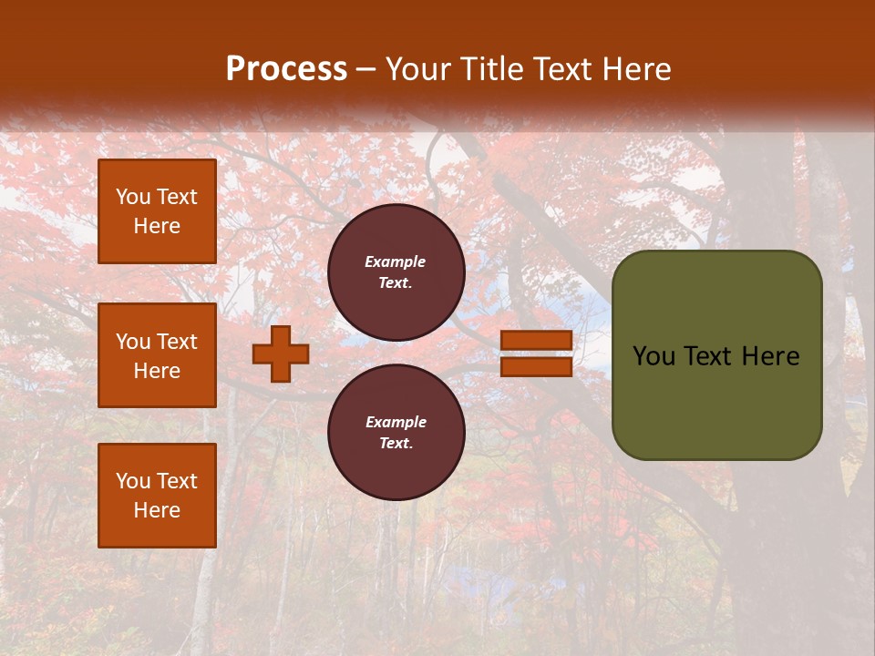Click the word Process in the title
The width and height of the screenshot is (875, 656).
286,69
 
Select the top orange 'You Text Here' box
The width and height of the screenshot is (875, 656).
157,211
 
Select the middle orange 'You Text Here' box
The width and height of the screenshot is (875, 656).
157,355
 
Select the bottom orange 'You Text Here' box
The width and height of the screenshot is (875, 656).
157,496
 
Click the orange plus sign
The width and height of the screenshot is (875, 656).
281,354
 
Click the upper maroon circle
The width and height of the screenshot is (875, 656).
396,272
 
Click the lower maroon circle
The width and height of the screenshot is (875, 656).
396,432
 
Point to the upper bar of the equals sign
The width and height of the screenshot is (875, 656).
536,340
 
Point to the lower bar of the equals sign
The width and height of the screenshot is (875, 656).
536,367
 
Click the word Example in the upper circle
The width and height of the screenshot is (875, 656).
396,261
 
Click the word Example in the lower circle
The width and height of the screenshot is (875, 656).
396,422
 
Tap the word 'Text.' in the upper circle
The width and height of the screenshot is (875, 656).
396,283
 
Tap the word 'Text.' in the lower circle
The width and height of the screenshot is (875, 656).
396,444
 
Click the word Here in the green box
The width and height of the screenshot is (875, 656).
770,356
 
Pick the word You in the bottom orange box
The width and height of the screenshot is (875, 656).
133,481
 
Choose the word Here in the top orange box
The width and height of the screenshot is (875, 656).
157,226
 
